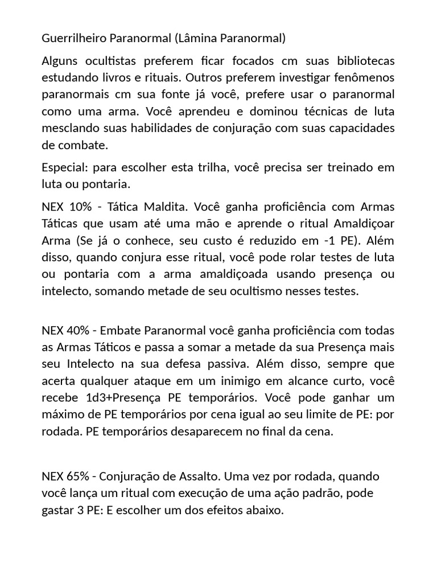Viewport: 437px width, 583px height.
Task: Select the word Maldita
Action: click(x=183, y=206)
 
